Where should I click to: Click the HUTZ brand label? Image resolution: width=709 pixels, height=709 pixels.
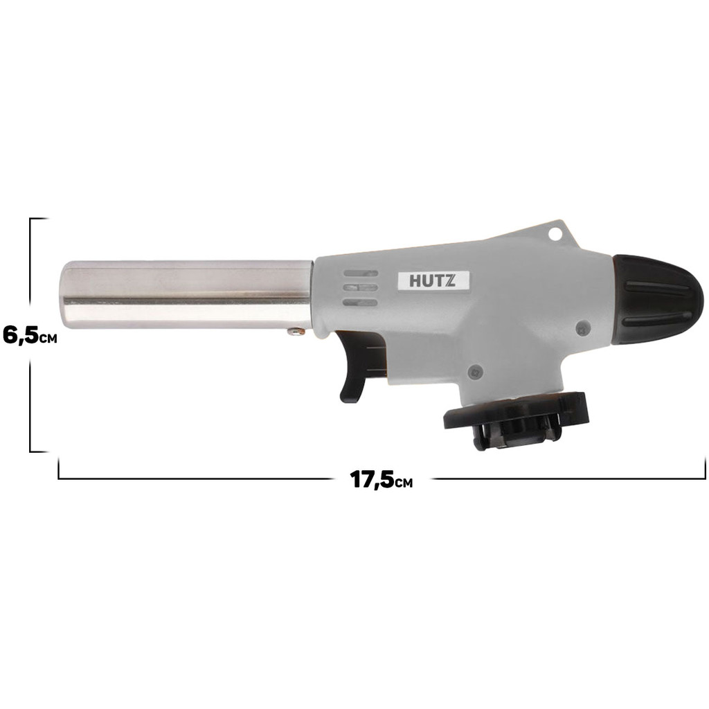tap(433, 281)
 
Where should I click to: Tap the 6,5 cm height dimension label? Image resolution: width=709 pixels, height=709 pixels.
tap(30, 336)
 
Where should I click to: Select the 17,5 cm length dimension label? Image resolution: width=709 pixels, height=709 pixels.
tap(381, 479)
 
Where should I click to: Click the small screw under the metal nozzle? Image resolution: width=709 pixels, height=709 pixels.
tap(296, 332)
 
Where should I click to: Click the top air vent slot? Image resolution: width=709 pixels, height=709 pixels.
tap(360, 273)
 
